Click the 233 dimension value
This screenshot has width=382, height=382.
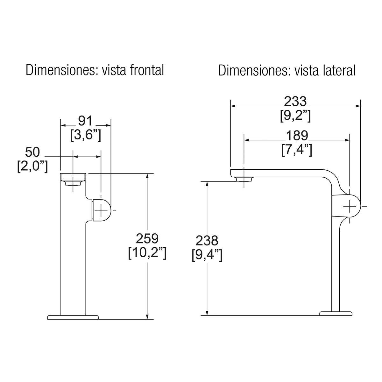[295, 102]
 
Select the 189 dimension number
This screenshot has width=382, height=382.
[297, 136]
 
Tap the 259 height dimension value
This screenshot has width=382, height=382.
[147, 238]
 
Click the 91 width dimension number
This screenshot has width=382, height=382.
[85, 121]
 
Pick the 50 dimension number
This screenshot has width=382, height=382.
[33, 152]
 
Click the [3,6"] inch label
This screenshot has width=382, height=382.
[85, 136]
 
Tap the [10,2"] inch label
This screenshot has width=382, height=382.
[147, 253]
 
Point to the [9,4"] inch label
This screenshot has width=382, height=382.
[207, 256]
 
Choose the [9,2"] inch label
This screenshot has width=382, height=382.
[295, 116]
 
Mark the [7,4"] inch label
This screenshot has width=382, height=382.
[297, 150]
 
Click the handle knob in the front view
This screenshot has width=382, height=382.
[102, 210]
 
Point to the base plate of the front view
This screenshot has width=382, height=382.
[73, 317]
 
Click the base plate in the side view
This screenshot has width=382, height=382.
[336, 314]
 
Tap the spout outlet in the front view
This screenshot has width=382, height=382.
[73, 183]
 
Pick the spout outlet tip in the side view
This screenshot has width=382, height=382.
[244, 179]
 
